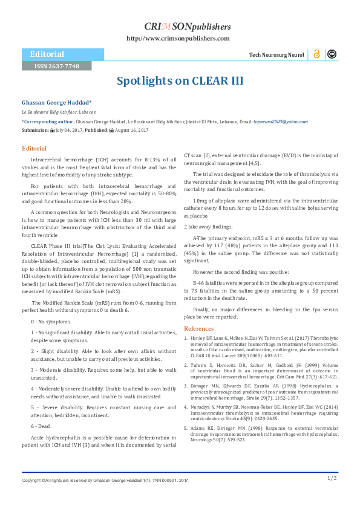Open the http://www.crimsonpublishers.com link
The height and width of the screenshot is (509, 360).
point(178,38)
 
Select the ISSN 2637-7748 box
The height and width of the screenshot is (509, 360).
point(56,65)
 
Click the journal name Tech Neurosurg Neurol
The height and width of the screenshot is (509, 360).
point(277,55)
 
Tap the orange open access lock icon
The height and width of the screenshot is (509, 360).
point(316,54)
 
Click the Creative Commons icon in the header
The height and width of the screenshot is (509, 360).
point(332,54)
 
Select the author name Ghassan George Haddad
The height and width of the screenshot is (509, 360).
point(56,103)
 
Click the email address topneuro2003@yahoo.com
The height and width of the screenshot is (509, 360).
point(280,122)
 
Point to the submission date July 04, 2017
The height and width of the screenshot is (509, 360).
point(71,129)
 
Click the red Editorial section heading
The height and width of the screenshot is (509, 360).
point(34,148)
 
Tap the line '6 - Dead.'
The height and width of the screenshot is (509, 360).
point(42,426)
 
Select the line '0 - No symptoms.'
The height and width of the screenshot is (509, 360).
point(50,322)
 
